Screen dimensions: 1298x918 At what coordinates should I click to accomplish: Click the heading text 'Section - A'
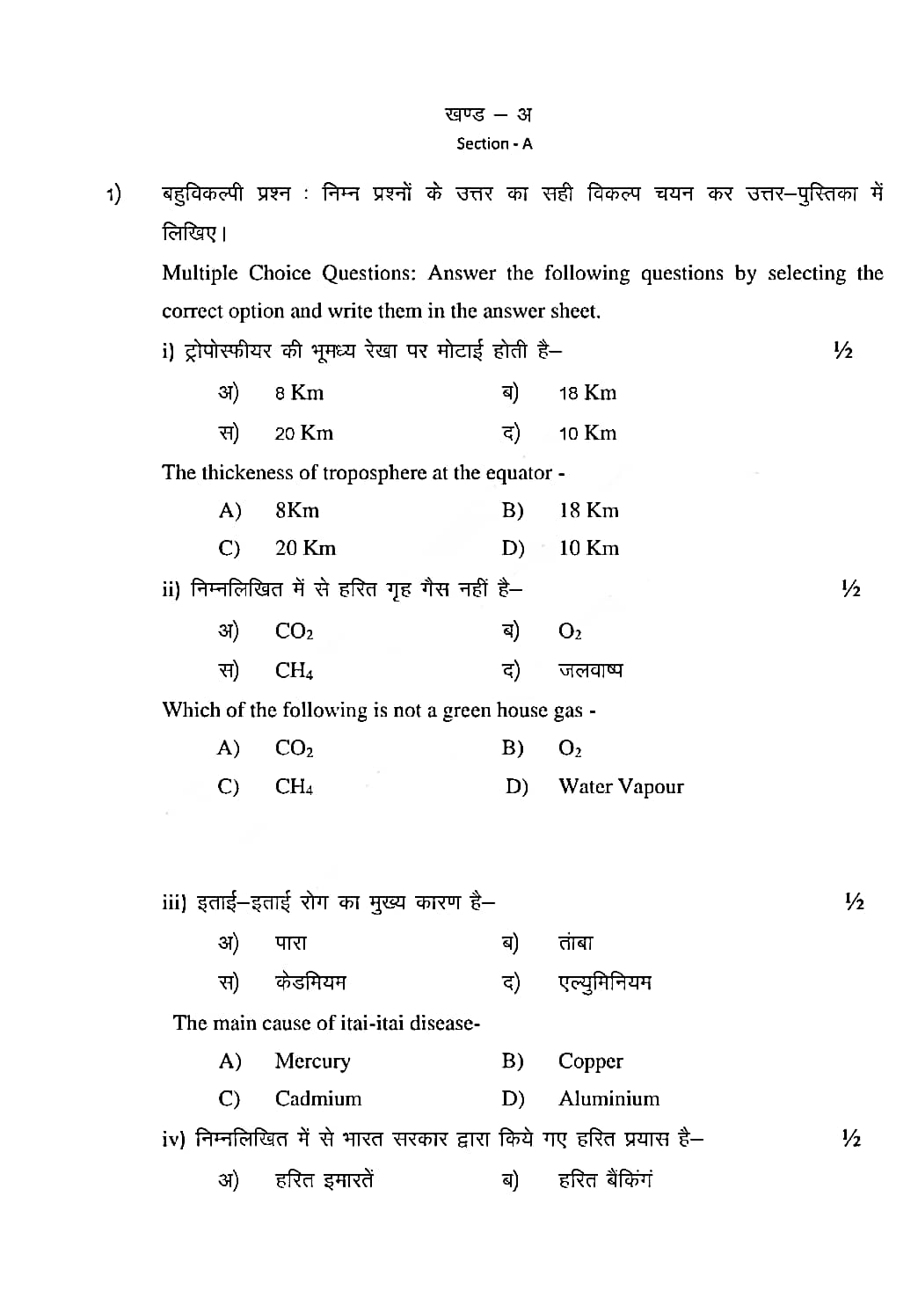tap(494, 144)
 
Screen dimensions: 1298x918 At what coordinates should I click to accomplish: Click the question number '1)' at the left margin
tap(114, 194)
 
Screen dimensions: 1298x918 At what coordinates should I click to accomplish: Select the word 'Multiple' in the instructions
tap(200, 273)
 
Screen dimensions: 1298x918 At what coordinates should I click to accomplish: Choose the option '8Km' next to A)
tap(297, 511)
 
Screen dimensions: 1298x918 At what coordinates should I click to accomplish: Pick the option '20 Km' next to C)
tap(305, 549)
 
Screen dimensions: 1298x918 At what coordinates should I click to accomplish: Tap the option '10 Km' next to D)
tap(589, 549)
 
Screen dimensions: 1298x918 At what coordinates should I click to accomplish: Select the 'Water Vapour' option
tap(621, 787)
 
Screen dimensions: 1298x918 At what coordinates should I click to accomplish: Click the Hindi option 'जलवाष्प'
tap(591, 670)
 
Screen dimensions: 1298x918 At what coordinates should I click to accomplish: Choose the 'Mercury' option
tap(312, 1061)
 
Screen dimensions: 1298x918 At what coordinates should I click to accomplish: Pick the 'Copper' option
tap(591, 1061)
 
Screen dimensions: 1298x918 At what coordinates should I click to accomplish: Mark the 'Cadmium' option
tap(318, 1099)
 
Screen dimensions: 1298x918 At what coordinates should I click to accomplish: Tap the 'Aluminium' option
tap(609, 1099)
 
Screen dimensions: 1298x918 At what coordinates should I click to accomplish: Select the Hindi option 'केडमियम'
tap(310, 982)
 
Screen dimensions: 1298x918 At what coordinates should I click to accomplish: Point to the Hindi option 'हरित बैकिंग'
tap(606, 1180)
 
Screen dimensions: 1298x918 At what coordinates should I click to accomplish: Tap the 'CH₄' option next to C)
tap(294, 787)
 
